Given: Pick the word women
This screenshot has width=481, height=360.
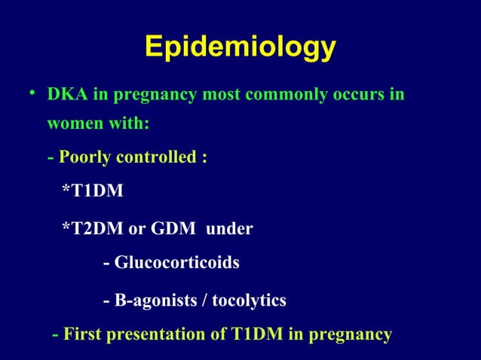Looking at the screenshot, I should [71, 124].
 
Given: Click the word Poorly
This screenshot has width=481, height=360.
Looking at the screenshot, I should [84, 159].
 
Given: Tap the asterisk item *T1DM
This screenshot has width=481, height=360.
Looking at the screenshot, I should [92, 192].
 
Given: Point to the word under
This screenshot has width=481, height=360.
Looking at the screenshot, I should [229, 228].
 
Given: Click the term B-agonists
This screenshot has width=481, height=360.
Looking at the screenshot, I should [153, 301].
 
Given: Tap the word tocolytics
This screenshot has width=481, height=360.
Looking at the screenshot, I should [249, 301].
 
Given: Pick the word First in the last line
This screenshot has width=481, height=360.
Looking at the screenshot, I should [82, 334].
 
